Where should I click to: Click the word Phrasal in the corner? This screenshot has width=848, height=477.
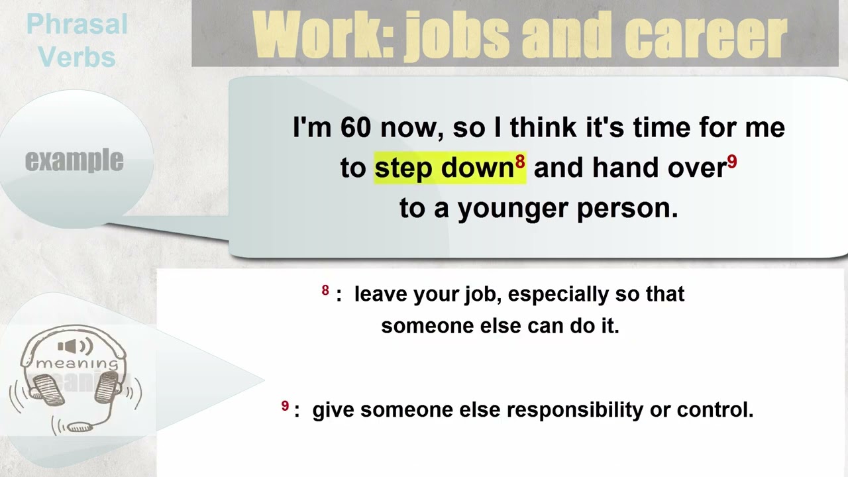pos(77,25)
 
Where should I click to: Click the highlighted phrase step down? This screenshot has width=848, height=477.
pos(444,168)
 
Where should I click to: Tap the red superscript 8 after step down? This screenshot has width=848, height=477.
pos(520,162)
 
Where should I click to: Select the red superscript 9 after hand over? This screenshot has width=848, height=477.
pos(732,162)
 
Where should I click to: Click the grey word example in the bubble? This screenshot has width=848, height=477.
pos(74,160)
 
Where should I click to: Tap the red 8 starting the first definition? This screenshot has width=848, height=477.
pos(325,290)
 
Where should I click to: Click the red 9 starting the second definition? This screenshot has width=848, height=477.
pos(285,406)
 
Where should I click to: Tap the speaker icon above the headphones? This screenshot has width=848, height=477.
pos(75,346)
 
